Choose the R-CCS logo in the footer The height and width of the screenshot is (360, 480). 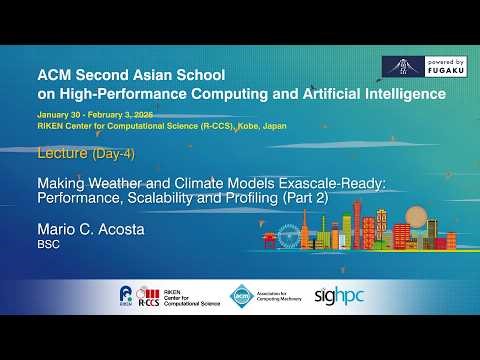click(x=149, y=295)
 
